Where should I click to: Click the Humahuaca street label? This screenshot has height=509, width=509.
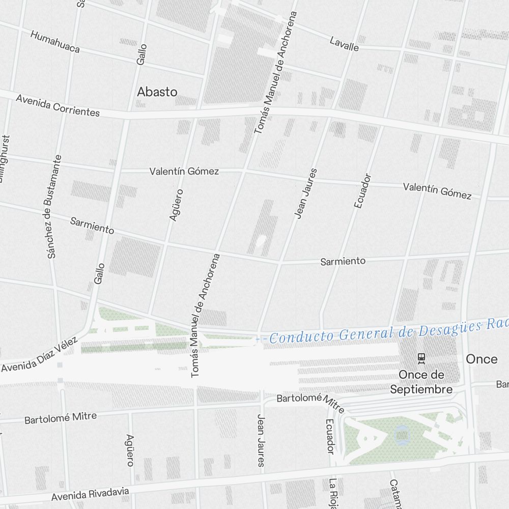point(55,42)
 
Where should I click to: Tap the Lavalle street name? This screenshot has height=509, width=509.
point(344,44)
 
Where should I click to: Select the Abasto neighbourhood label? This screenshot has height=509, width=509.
point(157,92)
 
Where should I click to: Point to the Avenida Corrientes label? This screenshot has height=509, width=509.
point(58,105)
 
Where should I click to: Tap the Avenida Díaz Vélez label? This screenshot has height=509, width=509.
point(40,354)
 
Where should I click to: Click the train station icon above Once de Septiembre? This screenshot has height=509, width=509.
point(421,358)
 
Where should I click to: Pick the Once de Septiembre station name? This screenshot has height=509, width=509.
point(421,382)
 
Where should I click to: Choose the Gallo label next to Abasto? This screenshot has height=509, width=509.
point(142,54)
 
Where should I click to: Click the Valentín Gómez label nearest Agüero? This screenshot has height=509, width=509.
point(184,172)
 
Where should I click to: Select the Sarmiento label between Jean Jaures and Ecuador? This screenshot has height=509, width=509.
point(343,261)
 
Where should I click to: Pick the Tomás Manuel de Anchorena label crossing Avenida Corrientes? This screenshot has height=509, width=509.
point(275,74)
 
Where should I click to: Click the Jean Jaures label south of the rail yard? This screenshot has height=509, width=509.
point(261,440)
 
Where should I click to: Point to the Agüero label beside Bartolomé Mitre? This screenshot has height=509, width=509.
point(130,450)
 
